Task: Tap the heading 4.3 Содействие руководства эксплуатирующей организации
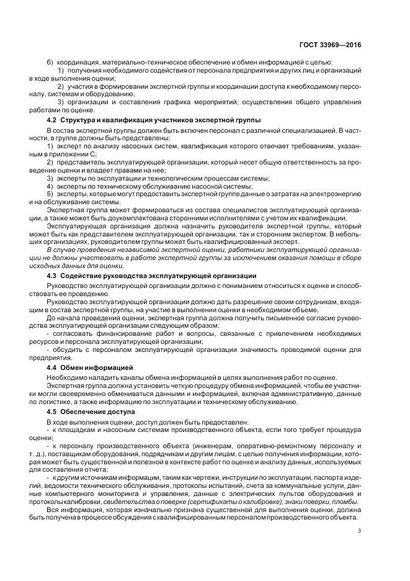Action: point(152,275)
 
